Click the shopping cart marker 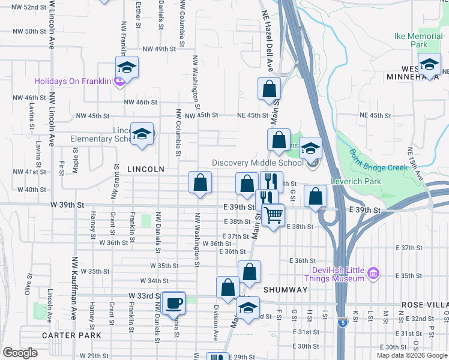tap(273, 214)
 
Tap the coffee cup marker tap(174, 302)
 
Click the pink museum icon tap(374, 274)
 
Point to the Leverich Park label tap(355, 179)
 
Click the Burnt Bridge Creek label tap(380, 160)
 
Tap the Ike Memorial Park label tap(418, 40)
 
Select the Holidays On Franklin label tap(73, 81)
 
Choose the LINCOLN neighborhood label tap(146, 169)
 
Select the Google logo tap(20, 353)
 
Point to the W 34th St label tap(154, 280)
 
